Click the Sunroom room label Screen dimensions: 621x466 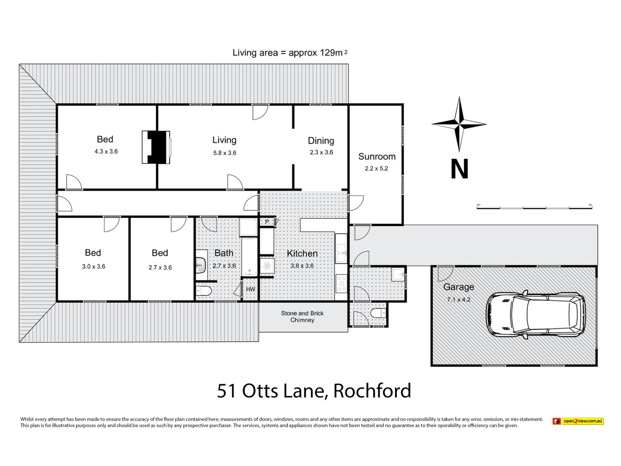point(377,157)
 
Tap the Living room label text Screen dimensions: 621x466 point(224,140)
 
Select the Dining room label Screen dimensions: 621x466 point(321,141)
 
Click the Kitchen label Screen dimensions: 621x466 point(302,253)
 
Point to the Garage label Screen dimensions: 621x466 point(459,287)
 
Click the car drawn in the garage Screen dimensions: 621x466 point(536,315)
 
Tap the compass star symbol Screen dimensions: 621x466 point(459,124)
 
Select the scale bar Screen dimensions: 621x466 point(534,207)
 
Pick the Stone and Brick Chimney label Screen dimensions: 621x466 point(302,317)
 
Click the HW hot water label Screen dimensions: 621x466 point(251,289)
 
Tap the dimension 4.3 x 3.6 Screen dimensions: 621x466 point(106,151)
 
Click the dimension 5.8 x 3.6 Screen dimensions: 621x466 point(225,153)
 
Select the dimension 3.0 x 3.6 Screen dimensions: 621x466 point(93,267)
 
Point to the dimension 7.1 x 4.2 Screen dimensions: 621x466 point(459,300)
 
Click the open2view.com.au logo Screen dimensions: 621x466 point(578,421)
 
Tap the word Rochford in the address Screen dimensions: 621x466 point(372,391)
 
